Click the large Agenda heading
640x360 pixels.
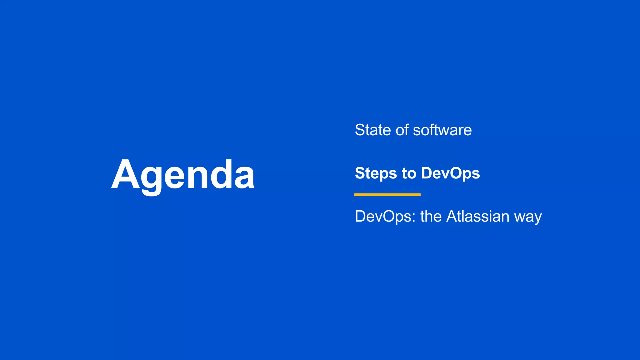pyautogui.click(x=183, y=175)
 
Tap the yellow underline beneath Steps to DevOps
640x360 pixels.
pyautogui.click(x=387, y=195)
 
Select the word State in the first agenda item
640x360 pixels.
pyautogui.click(x=372, y=130)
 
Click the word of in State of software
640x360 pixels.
pyautogui.click(x=402, y=130)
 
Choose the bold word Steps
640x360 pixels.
pyautogui.click(x=376, y=173)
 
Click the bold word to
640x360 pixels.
pyautogui.click(x=409, y=173)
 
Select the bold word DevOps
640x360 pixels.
pyautogui.click(x=450, y=173)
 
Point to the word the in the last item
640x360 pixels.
pyautogui.click(x=431, y=216)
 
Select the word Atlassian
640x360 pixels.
pyautogui.click(x=478, y=216)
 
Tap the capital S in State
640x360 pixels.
pyautogui.click(x=361, y=130)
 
